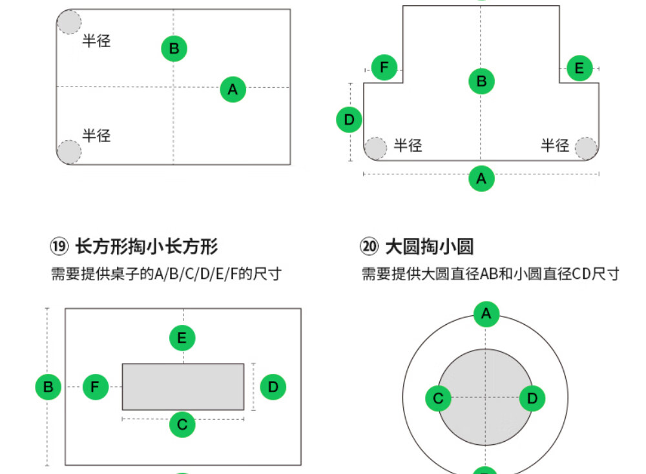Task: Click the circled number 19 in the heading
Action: tap(59, 246)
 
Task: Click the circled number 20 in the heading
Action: tap(369, 246)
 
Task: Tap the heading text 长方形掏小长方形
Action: tap(146, 246)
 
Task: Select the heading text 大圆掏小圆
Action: tap(430, 246)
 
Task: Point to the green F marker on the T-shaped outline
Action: tap(384, 67)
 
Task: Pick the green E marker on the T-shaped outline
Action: tap(579, 68)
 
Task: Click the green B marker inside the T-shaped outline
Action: tap(482, 81)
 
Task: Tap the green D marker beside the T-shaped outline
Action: tap(349, 120)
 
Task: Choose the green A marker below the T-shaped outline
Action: tap(481, 179)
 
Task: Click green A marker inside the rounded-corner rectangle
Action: tap(233, 89)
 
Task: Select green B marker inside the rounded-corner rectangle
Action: tap(174, 48)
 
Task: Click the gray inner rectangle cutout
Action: tap(183, 387)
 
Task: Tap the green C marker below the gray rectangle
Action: tap(182, 424)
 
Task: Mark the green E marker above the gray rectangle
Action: tap(182, 338)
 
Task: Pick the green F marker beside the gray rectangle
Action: tap(95, 387)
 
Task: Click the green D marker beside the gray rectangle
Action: tap(273, 387)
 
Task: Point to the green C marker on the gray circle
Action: tap(438, 398)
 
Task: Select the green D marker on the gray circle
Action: tap(532, 398)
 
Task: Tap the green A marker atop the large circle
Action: tap(486, 314)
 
